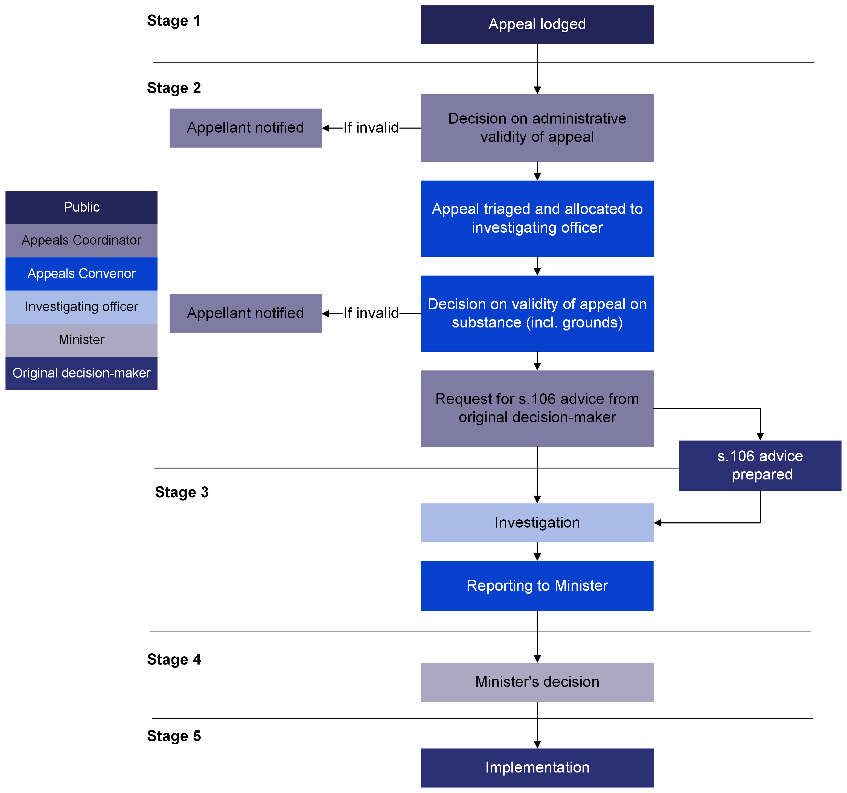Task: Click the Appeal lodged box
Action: pyautogui.click(x=537, y=25)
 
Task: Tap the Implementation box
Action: pyautogui.click(x=537, y=768)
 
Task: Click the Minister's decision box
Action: pyautogui.click(x=537, y=682)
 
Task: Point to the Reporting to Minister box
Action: pyautogui.click(x=537, y=586)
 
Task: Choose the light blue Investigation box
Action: pyautogui.click(x=537, y=523)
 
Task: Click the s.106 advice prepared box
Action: pyautogui.click(x=760, y=466)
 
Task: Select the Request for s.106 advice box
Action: pyautogui.click(x=537, y=408)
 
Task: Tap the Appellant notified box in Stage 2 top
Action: pyautogui.click(x=245, y=128)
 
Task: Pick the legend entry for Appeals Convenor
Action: pyautogui.click(x=82, y=273)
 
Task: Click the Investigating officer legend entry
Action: pyautogui.click(x=82, y=307)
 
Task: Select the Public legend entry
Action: pyautogui.click(x=82, y=207)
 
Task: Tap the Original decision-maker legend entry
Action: pyautogui.click(x=82, y=373)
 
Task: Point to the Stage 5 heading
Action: pyautogui.click(x=174, y=736)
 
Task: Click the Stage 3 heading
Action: pyautogui.click(x=182, y=492)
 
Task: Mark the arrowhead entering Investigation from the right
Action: pyautogui.click(x=658, y=523)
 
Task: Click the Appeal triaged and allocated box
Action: pyautogui.click(x=537, y=218)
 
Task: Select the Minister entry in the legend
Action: pyautogui.click(x=82, y=340)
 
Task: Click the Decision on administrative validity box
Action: pyautogui.click(x=537, y=128)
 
